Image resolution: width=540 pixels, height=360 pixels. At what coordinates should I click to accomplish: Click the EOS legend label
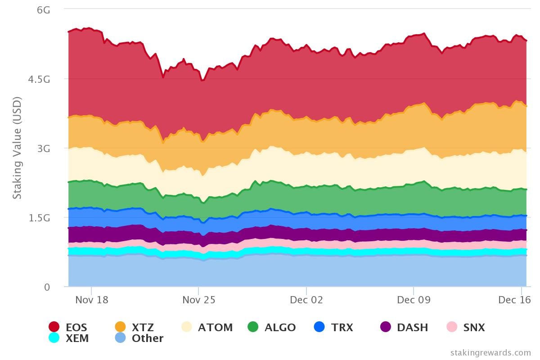(76, 328)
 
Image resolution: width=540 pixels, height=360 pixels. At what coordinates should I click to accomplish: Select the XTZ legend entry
(143, 328)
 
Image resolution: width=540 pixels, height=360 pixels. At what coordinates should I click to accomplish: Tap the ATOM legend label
(215, 328)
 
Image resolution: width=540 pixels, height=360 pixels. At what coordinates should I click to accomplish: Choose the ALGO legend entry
(280, 328)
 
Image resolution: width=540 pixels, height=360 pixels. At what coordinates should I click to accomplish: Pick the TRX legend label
(342, 328)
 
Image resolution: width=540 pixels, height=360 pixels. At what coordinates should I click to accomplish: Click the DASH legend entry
(412, 328)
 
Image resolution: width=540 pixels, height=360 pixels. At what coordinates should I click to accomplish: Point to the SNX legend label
(474, 328)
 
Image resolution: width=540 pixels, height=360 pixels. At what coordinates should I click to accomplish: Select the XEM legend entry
(77, 338)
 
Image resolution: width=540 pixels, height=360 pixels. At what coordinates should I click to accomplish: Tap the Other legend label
(147, 338)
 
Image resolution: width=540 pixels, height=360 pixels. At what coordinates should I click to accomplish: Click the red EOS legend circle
(54, 327)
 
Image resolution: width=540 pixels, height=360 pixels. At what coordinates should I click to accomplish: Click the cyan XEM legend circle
(54, 338)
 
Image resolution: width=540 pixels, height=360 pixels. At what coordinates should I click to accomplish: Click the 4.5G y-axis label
(39, 79)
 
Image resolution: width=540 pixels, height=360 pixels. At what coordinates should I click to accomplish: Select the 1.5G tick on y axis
(39, 218)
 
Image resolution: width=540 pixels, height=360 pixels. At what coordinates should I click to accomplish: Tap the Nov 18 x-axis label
(91, 300)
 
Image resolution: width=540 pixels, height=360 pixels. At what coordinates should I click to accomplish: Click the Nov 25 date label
(198, 300)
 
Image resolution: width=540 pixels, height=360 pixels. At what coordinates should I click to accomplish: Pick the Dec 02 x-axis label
(306, 300)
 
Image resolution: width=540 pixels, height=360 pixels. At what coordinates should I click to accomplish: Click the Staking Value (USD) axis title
(17, 148)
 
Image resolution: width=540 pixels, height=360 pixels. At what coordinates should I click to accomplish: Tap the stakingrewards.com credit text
(490, 353)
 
